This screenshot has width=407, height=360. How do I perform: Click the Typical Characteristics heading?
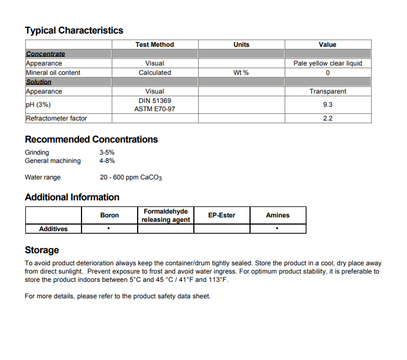coord(74,30)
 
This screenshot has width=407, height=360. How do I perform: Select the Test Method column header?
coord(154,45)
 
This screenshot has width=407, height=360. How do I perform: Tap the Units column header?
coord(241,45)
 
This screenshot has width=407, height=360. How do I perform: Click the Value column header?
coord(327,45)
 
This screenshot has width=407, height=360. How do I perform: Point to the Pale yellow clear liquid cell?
coord(328,63)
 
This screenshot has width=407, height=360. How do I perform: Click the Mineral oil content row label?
coord(53,73)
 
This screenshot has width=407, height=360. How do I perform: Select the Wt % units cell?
coord(241,73)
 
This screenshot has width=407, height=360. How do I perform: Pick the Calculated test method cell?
coord(155,73)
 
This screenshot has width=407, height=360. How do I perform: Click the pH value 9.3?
coord(328,105)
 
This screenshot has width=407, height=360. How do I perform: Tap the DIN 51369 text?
coord(155,100)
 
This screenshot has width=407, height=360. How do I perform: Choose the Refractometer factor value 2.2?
coord(328,118)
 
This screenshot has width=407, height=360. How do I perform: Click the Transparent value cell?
coord(328,91)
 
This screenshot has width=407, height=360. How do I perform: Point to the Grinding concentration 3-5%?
coord(107,152)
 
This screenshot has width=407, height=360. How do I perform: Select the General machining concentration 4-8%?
coord(107,161)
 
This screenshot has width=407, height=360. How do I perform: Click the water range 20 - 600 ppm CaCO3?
coord(131,177)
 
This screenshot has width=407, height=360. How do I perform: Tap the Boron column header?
coord(110,215)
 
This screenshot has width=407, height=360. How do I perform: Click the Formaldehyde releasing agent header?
coord(166,215)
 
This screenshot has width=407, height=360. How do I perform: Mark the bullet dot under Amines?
coord(277,228)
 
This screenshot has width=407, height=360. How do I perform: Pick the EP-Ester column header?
coord(221,215)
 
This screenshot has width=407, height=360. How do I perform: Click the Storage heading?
coord(42,250)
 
